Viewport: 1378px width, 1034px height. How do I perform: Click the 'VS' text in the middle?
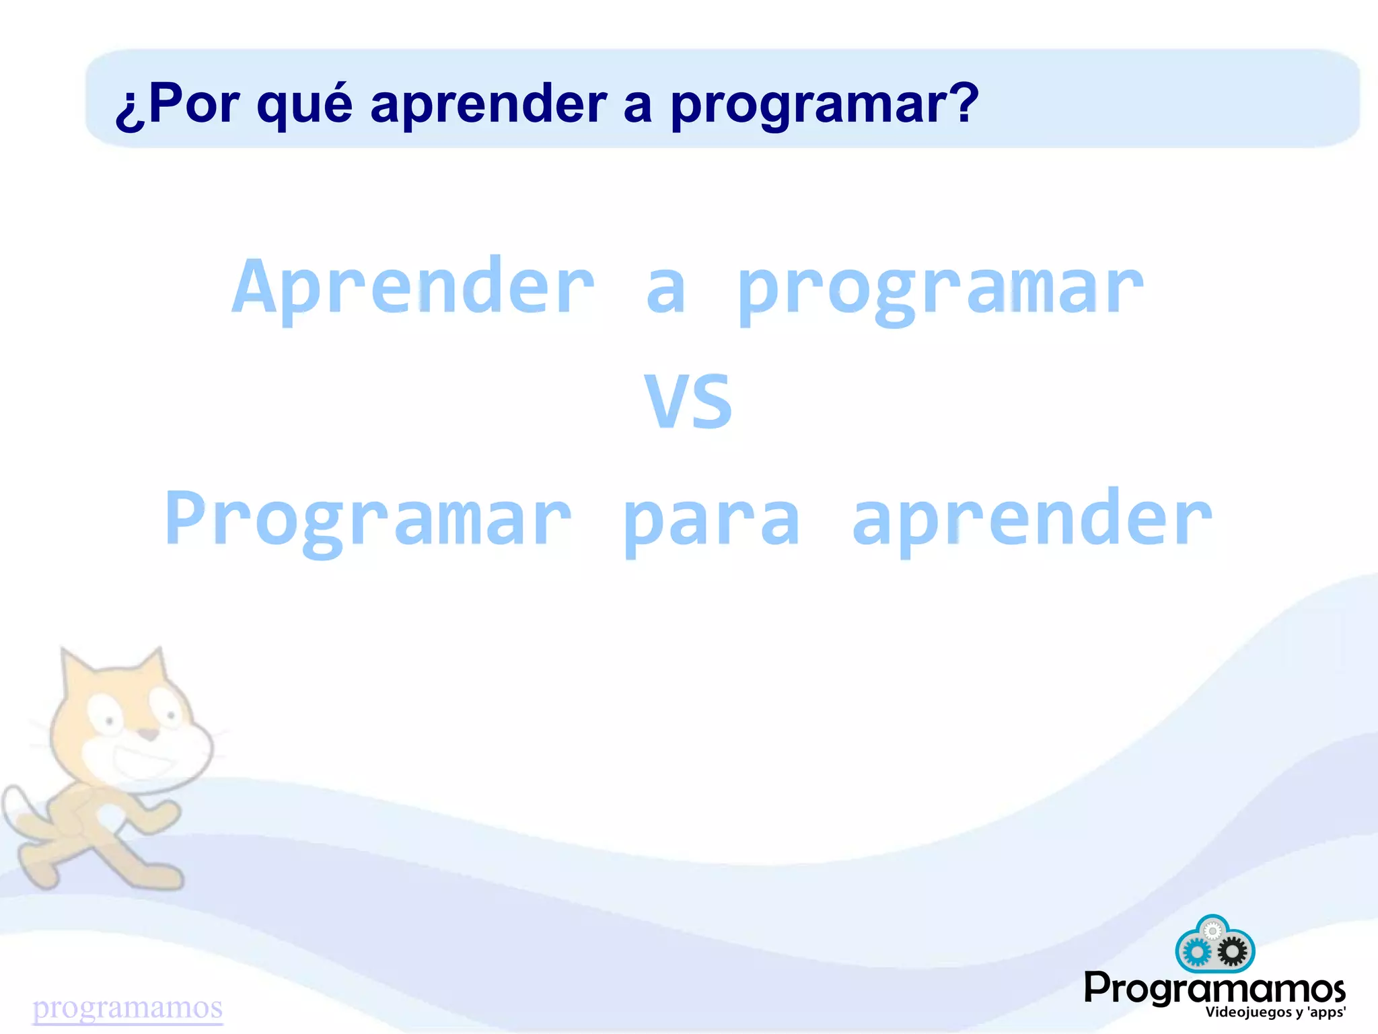coord(688,402)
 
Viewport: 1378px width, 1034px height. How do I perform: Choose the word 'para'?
coord(712,521)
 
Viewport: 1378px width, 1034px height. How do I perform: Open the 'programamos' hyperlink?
coord(128,1007)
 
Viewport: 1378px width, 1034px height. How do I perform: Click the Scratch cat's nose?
coord(149,733)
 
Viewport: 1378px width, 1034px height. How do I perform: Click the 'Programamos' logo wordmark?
coord(1214,989)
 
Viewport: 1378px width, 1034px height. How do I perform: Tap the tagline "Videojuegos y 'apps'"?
coord(1275,1012)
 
